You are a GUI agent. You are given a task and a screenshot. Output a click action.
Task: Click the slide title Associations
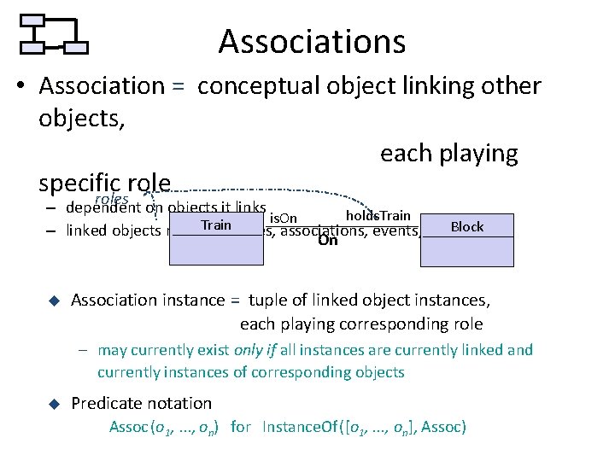pos(312,41)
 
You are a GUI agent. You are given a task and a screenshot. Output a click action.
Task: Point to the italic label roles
pos(111,199)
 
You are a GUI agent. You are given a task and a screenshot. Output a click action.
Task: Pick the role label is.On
pos(284,219)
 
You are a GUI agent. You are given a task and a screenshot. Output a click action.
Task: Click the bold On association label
pos(327,241)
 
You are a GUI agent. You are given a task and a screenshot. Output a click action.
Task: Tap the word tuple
pos(267,300)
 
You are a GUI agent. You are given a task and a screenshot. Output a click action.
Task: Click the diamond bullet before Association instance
pos(52,301)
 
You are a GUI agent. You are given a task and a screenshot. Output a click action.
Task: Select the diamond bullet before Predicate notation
pos(52,403)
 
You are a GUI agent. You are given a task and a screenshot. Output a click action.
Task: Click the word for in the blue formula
pos(241,427)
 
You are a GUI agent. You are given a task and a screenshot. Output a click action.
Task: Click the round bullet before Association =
pos(25,87)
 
